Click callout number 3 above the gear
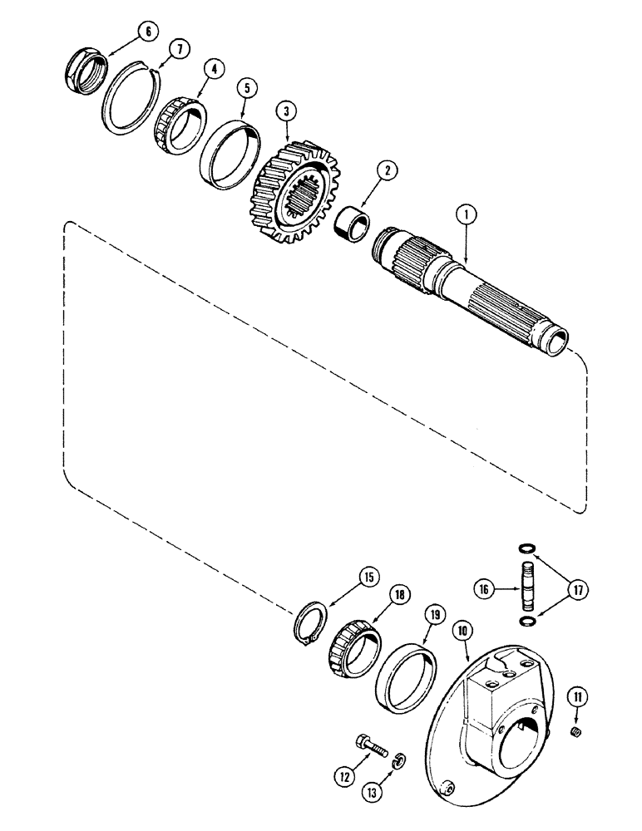[286, 111]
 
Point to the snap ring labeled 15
[311, 622]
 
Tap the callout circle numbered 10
[463, 632]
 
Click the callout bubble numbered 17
[580, 589]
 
